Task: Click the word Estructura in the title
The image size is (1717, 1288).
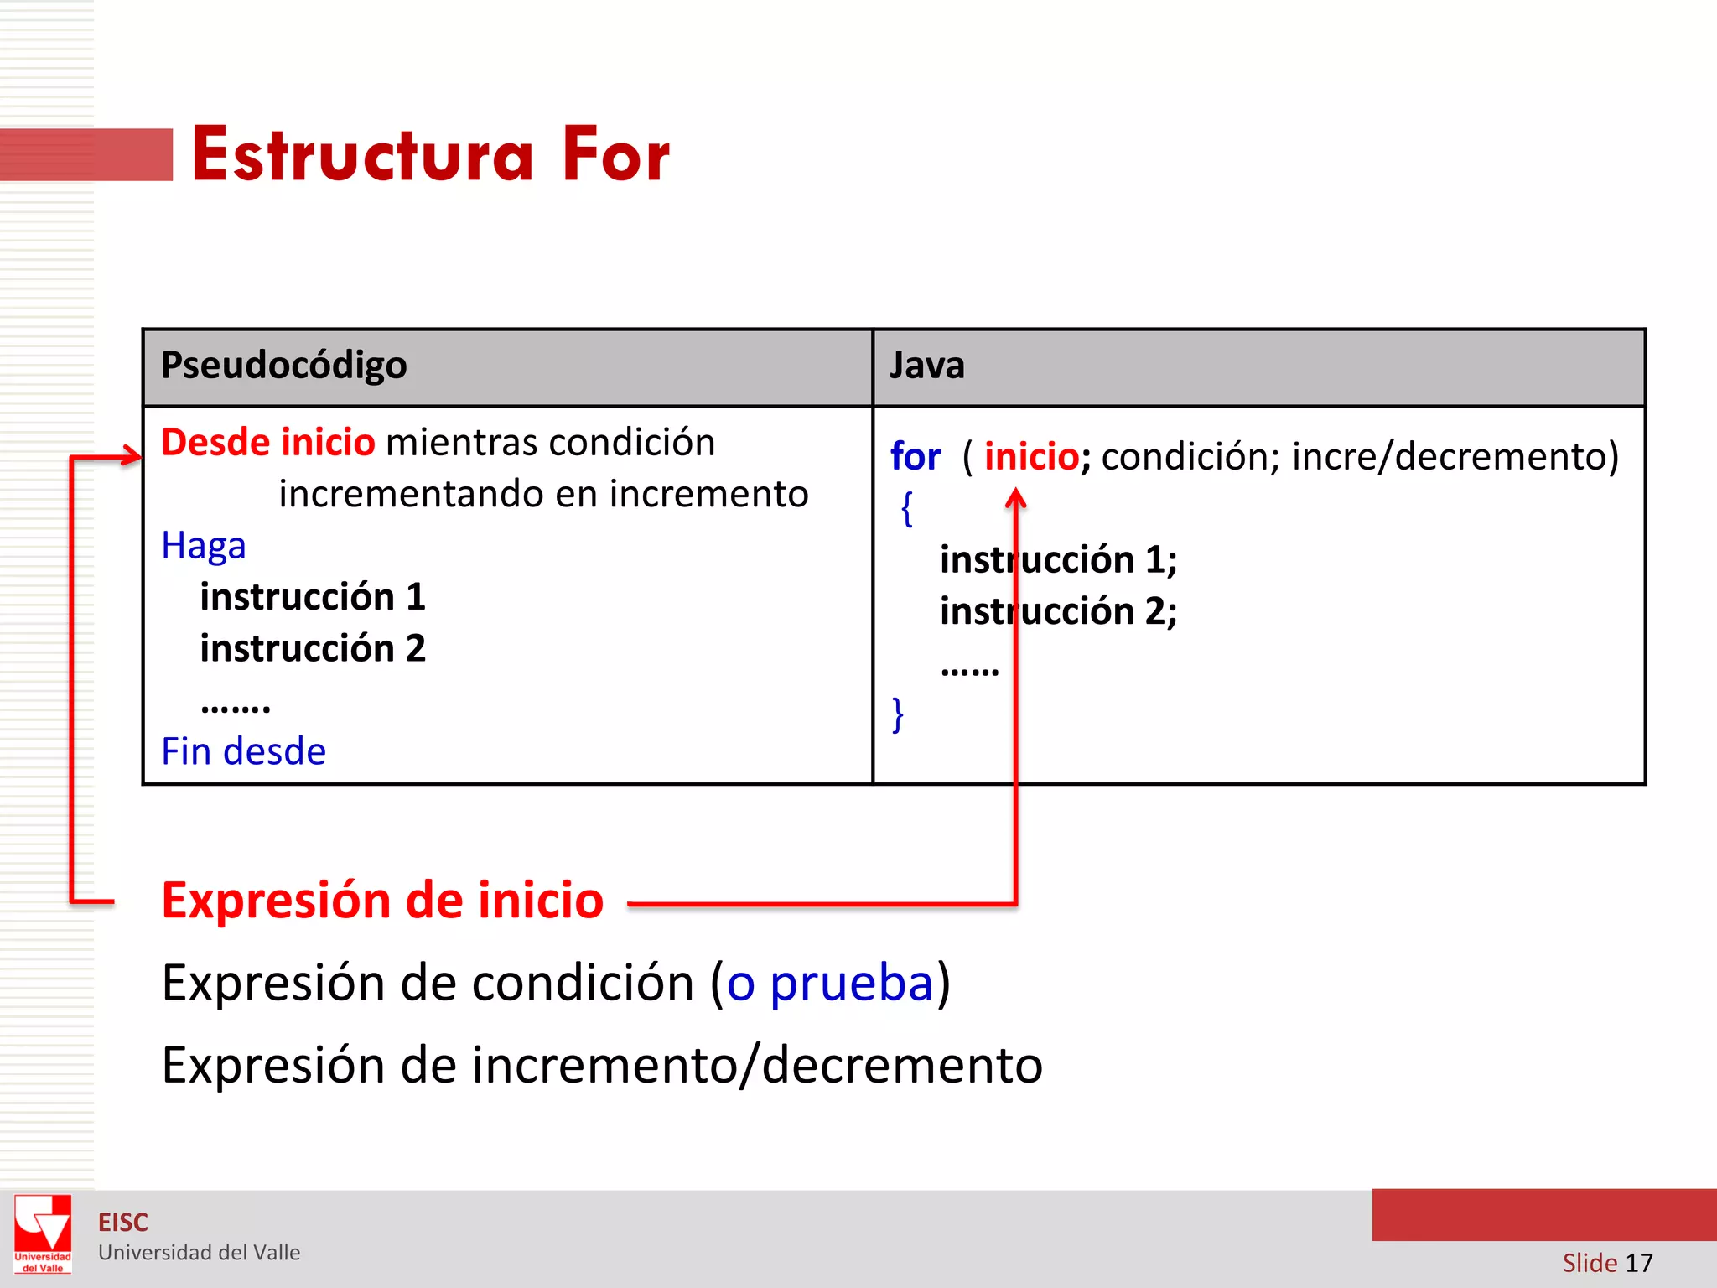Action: [x=362, y=155]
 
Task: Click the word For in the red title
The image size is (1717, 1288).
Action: [x=616, y=155]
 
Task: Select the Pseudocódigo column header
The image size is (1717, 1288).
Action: [x=283, y=366]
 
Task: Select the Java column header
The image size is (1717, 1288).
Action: [x=926, y=366]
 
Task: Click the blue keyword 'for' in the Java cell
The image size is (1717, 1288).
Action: [x=915, y=457]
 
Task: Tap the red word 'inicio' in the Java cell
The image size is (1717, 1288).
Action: [x=1031, y=457]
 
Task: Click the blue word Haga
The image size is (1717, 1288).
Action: [x=204, y=546]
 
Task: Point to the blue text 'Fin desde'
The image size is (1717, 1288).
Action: [x=243, y=751]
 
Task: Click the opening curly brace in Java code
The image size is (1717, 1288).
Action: [x=906, y=509]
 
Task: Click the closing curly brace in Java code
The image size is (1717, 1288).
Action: [x=898, y=714]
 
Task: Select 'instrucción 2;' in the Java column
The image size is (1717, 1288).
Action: [x=1058, y=611]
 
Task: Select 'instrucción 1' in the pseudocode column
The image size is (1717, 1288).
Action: [x=313, y=597]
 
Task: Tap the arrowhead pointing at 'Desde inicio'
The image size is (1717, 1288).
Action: [x=133, y=456]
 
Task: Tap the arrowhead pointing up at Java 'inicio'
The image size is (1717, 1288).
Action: [x=1015, y=501]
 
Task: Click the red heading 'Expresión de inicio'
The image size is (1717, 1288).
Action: [x=382, y=901]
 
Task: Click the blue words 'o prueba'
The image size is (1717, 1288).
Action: [x=829, y=983]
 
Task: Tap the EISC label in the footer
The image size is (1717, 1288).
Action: [x=122, y=1223]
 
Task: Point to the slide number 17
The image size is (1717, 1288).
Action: [x=1638, y=1263]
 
